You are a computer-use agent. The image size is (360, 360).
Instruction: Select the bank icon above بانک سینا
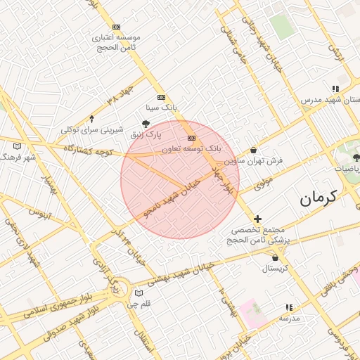(161, 97)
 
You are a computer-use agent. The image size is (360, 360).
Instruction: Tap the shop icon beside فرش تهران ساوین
(253, 150)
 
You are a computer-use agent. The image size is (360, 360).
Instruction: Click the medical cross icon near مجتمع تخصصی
(257, 219)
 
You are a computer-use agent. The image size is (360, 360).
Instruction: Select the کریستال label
(280, 269)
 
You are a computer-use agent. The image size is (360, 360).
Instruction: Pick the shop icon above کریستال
(275, 258)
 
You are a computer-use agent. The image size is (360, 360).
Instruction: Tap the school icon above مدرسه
(288, 307)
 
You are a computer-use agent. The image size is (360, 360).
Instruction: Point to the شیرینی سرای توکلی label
(91, 129)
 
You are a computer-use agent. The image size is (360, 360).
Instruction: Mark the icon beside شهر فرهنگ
(18, 146)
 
